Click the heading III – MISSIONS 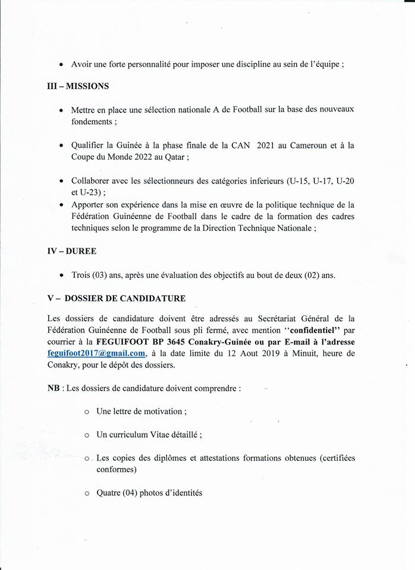(77, 86)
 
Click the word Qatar (177, 157)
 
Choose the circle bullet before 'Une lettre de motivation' (87, 411)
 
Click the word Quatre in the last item (109, 492)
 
